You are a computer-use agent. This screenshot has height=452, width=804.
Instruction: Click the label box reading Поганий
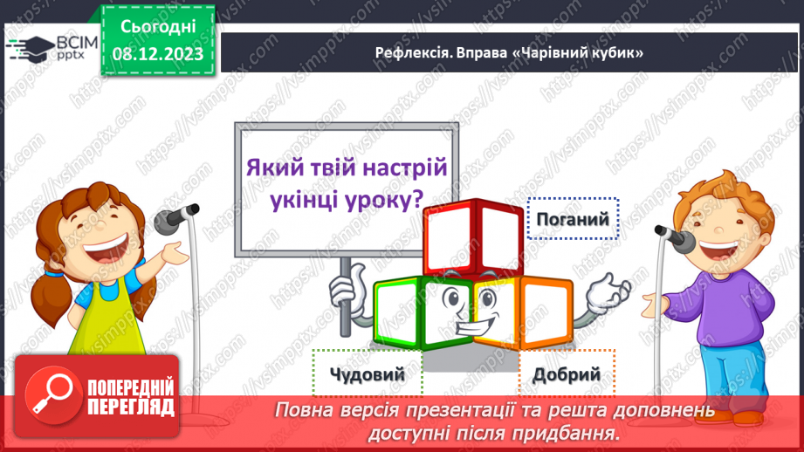(x=573, y=218)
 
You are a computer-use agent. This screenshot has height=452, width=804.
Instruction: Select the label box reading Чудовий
(x=368, y=373)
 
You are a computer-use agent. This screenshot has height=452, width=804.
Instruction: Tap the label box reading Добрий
(x=567, y=373)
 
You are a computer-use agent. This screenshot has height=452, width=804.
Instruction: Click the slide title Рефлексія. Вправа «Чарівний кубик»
(x=509, y=53)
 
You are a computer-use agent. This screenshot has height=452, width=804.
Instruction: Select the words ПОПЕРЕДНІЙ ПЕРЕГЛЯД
(x=131, y=395)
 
